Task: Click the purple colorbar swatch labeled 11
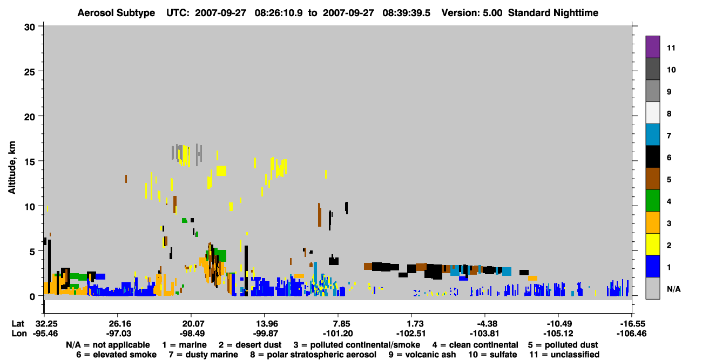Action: point(652,46)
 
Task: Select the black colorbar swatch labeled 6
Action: point(652,157)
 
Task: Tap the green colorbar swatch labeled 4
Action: point(652,201)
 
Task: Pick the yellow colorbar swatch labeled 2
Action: point(652,244)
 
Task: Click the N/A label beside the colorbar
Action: point(673,289)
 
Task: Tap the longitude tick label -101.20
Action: point(338,334)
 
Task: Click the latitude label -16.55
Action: point(631,323)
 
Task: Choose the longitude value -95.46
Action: point(45,334)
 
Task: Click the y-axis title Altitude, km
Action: point(12,168)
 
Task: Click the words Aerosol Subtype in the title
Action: point(116,13)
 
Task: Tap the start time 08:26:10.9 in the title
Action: point(279,13)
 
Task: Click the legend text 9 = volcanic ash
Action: point(422,355)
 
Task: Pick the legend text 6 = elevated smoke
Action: point(116,355)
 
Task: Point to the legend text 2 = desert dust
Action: point(250,345)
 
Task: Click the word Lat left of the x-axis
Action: point(18,323)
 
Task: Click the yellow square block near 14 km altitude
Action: point(221,171)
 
